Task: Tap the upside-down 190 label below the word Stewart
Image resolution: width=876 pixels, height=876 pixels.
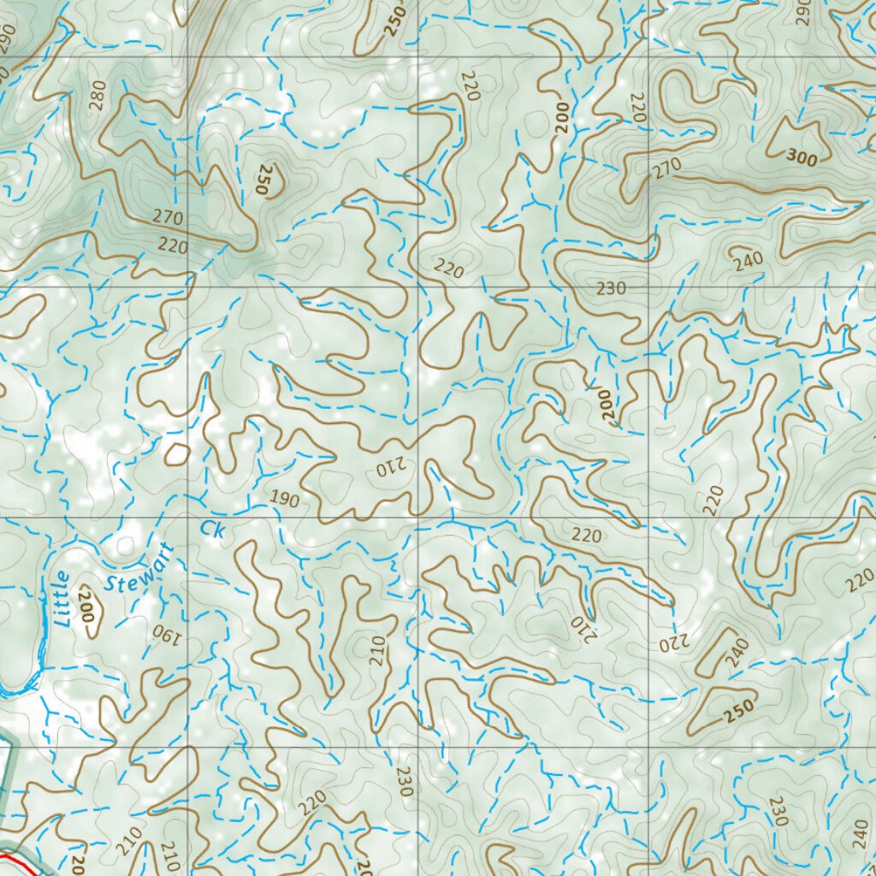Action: pyautogui.click(x=164, y=634)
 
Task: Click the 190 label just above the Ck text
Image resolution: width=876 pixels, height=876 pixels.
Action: pyautogui.click(x=285, y=500)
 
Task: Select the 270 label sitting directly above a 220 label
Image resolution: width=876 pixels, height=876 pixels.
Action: pyautogui.click(x=169, y=217)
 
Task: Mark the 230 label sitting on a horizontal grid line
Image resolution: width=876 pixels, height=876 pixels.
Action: pyautogui.click(x=611, y=289)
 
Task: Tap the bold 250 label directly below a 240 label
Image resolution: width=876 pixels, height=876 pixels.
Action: pyautogui.click(x=740, y=710)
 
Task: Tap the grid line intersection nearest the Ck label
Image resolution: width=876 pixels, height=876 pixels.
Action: pyautogui.click(x=188, y=518)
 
